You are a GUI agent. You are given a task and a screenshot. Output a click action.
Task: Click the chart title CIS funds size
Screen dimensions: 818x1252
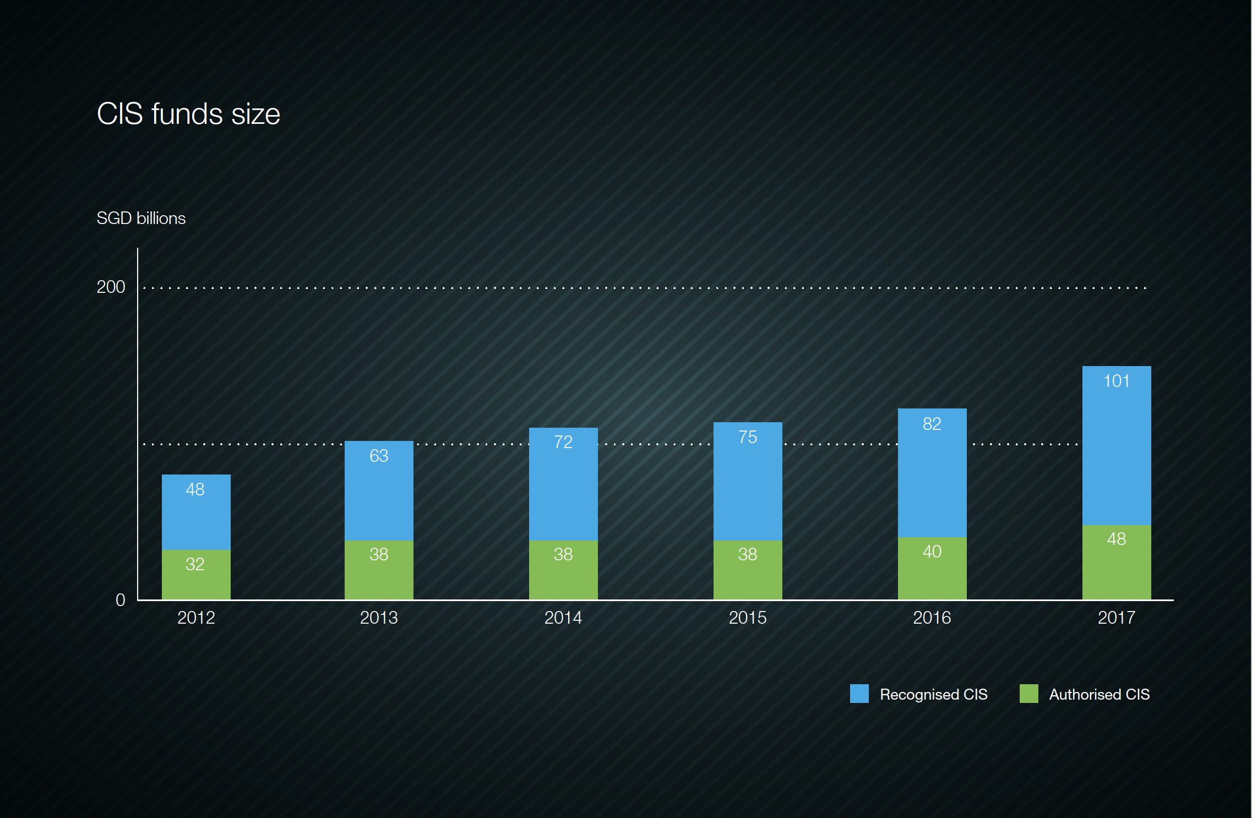(188, 114)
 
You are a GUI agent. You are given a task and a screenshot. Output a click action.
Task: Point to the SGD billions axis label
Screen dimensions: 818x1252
(141, 218)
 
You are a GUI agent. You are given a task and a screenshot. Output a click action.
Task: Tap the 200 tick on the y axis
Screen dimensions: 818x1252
(111, 287)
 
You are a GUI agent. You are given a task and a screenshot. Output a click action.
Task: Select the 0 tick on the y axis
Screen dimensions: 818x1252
(120, 600)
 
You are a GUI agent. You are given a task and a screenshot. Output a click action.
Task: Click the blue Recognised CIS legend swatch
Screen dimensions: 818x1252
(859, 694)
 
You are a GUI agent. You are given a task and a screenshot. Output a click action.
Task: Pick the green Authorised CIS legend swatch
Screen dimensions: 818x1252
(1028, 694)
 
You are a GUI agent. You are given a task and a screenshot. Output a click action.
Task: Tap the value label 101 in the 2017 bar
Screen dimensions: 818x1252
(1117, 381)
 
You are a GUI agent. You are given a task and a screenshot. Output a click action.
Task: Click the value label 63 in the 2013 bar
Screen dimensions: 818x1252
(379, 456)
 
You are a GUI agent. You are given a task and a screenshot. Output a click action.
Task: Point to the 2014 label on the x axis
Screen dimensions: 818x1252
(563, 618)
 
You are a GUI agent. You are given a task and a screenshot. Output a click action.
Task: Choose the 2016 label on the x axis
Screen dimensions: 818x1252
(932, 618)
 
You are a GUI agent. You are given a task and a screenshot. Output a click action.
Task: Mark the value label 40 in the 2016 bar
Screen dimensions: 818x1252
(932, 552)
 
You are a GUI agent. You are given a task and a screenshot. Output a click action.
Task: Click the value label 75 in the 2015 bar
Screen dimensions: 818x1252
(748, 437)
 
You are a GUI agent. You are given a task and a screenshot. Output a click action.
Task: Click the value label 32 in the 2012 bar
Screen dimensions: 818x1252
(195, 564)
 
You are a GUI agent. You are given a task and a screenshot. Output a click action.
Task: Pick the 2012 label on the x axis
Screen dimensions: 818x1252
(196, 618)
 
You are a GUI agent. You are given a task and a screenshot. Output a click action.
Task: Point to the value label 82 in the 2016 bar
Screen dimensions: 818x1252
(932, 424)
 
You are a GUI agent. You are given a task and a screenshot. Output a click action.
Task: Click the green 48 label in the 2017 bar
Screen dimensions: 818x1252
(1117, 539)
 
